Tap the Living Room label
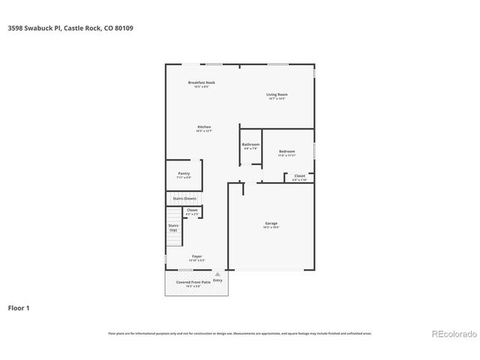pos(277,94)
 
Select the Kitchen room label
pos(204,127)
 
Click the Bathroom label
pos(250,144)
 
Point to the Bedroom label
pos(287,151)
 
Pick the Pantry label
pos(184,173)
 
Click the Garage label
pos(271,223)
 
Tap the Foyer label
pos(196,256)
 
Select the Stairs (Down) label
pos(184,198)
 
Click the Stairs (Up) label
pos(173,227)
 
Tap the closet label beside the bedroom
pos(299,176)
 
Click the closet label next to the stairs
pos(192,210)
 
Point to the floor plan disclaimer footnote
pos(240,333)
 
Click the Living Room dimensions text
pos(277,99)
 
